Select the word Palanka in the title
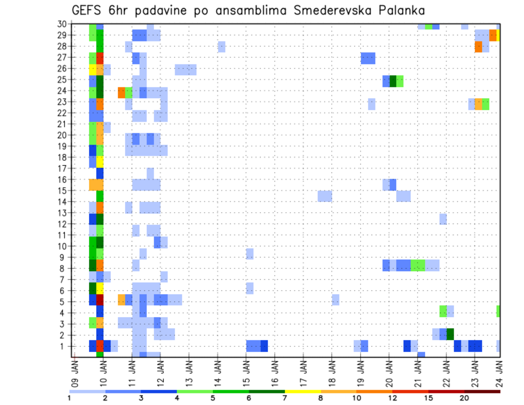coord(401,10)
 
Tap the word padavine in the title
coord(175,11)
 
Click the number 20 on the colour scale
coord(465,398)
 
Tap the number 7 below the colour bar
coord(284,398)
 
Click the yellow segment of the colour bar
coord(302,391)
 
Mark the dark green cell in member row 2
coord(450,334)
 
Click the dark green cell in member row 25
coord(393,81)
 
